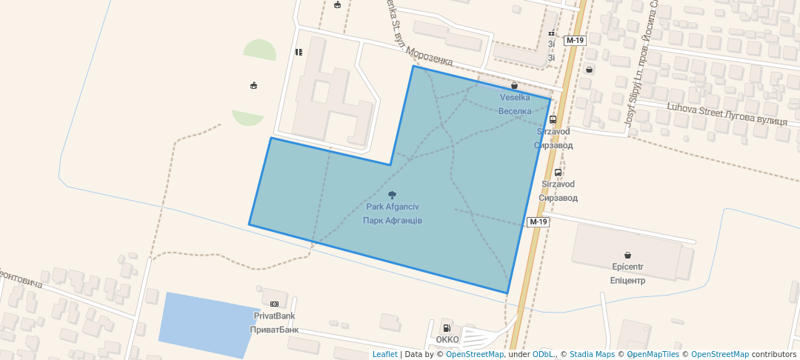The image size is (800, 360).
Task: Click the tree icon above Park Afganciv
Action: (x=392, y=195)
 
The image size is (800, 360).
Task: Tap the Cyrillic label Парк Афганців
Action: (x=393, y=221)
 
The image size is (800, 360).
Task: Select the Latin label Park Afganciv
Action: (x=393, y=207)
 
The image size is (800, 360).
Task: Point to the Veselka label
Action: (x=515, y=98)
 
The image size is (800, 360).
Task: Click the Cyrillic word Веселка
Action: (x=515, y=111)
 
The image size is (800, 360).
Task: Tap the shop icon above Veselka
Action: (x=514, y=86)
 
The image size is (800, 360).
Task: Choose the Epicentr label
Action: (x=627, y=266)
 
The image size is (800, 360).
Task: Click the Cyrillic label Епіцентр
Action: (x=627, y=281)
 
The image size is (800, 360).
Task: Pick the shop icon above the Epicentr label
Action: (x=627, y=254)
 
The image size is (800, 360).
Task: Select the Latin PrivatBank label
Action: (x=274, y=316)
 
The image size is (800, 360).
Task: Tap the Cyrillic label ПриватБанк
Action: (x=274, y=330)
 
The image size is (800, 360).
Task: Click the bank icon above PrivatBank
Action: (x=274, y=304)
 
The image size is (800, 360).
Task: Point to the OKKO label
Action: (x=447, y=340)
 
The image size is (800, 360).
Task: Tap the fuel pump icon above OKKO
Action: (x=447, y=328)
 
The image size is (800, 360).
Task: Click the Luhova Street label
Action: (x=693, y=110)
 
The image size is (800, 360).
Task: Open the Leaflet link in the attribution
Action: (x=384, y=354)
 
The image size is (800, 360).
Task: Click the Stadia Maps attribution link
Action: (x=591, y=354)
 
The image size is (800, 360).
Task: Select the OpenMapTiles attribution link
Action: (x=653, y=354)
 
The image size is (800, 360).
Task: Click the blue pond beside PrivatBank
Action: (x=207, y=324)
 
